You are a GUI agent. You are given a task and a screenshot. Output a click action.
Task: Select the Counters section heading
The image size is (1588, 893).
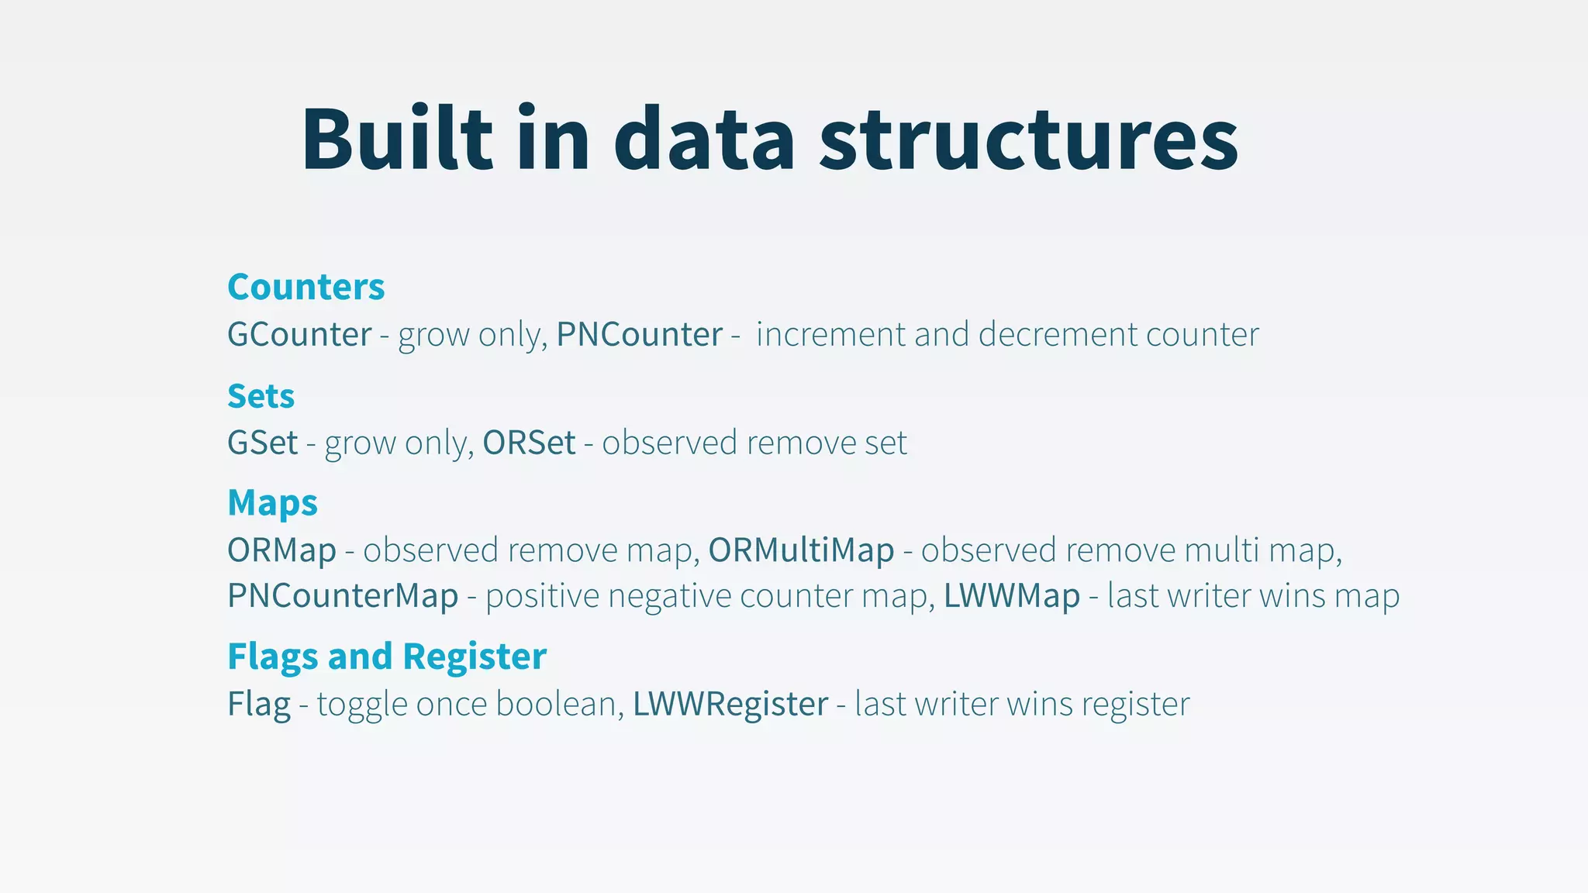pyautogui.click(x=306, y=287)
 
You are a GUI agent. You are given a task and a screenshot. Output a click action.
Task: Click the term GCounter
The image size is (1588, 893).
pyautogui.click(x=299, y=335)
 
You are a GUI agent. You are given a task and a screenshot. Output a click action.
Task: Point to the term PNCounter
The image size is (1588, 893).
pyautogui.click(x=640, y=335)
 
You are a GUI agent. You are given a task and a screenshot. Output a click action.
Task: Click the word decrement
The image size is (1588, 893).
pyautogui.click(x=1058, y=335)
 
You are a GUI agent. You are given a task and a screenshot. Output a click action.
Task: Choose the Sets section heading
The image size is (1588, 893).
pyautogui.click(x=261, y=396)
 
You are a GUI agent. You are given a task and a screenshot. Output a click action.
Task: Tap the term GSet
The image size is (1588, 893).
pyautogui.click(x=262, y=443)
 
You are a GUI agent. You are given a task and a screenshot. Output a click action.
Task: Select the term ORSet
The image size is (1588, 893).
pyautogui.click(x=529, y=443)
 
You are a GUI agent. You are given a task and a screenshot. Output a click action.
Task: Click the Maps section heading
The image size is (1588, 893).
pyautogui.click(x=272, y=503)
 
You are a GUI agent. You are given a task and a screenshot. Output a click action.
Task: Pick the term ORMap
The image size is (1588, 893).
pyautogui.click(x=281, y=550)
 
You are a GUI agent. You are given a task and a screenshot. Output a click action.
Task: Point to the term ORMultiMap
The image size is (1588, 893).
pyautogui.click(x=801, y=550)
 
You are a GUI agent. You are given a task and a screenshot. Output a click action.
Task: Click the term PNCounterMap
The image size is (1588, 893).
pyautogui.click(x=343, y=596)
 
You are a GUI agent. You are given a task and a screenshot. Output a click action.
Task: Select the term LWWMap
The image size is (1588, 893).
pyautogui.click(x=1012, y=596)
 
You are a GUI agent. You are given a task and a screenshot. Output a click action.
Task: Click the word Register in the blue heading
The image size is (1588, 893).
pyautogui.click(x=475, y=657)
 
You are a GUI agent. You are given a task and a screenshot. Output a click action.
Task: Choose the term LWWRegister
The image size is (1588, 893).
pyautogui.click(x=730, y=704)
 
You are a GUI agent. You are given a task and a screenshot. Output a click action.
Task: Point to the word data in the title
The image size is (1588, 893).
pyautogui.click(x=704, y=140)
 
